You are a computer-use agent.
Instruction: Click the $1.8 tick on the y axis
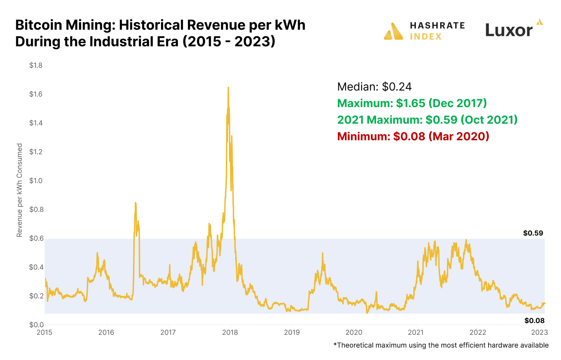pos(36,65)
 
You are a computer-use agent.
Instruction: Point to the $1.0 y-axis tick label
pos(36,181)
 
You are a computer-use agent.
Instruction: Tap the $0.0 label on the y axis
pos(36,325)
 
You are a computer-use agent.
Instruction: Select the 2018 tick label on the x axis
pos(230,333)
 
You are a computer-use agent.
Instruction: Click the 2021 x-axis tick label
pos(416,333)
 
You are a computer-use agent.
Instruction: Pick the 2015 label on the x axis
pos(45,333)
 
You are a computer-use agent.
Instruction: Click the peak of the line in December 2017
pos(228,87)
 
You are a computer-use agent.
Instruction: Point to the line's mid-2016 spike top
pos(135,203)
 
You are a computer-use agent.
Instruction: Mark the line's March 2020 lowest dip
pos(367,313)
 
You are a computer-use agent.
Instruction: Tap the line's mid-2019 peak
pos(323,253)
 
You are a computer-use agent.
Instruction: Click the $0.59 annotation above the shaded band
pos(533,233)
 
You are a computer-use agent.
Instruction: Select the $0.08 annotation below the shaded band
pos(534,321)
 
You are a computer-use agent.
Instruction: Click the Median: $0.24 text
pos(374,87)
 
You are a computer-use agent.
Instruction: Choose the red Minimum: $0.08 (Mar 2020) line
pos(413,136)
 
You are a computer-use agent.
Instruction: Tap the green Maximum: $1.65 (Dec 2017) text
pos(412,103)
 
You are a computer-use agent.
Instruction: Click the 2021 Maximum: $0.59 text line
pos(427,120)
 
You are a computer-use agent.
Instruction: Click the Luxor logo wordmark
pos(508,30)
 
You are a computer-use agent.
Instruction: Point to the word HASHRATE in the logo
pos(437,26)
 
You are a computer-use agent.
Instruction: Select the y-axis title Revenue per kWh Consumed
pos(20,190)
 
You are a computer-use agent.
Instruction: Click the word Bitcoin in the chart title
pos(38,25)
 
